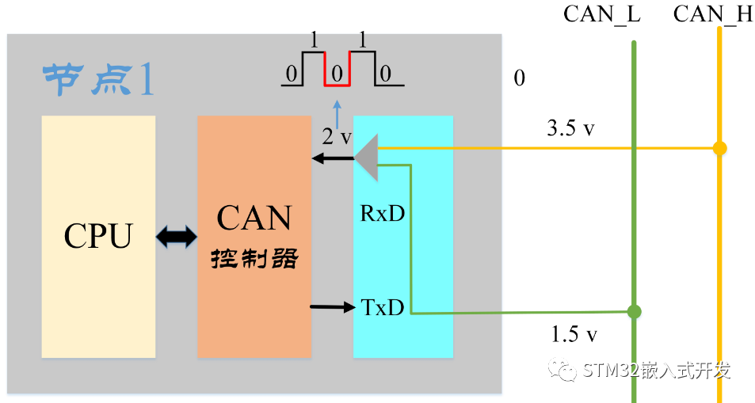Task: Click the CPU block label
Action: (x=97, y=235)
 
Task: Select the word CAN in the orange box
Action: (x=254, y=219)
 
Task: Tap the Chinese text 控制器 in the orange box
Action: (x=254, y=259)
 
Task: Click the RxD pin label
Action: (x=383, y=214)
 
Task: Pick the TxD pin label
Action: (x=383, y=307)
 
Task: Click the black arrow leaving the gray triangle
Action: (x=331, y=159)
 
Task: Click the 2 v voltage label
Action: (x=337, y=136)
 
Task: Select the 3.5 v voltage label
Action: (x=570, y=129)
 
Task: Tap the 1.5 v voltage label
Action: (x=574, y=335)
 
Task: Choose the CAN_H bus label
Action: (x=712, y=14)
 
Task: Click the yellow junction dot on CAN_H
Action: (x=719, y=148)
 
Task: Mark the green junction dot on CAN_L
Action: (x=634, y=311)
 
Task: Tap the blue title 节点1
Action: (x=98, y=80)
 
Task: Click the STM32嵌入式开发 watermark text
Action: (x=654, y=371)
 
